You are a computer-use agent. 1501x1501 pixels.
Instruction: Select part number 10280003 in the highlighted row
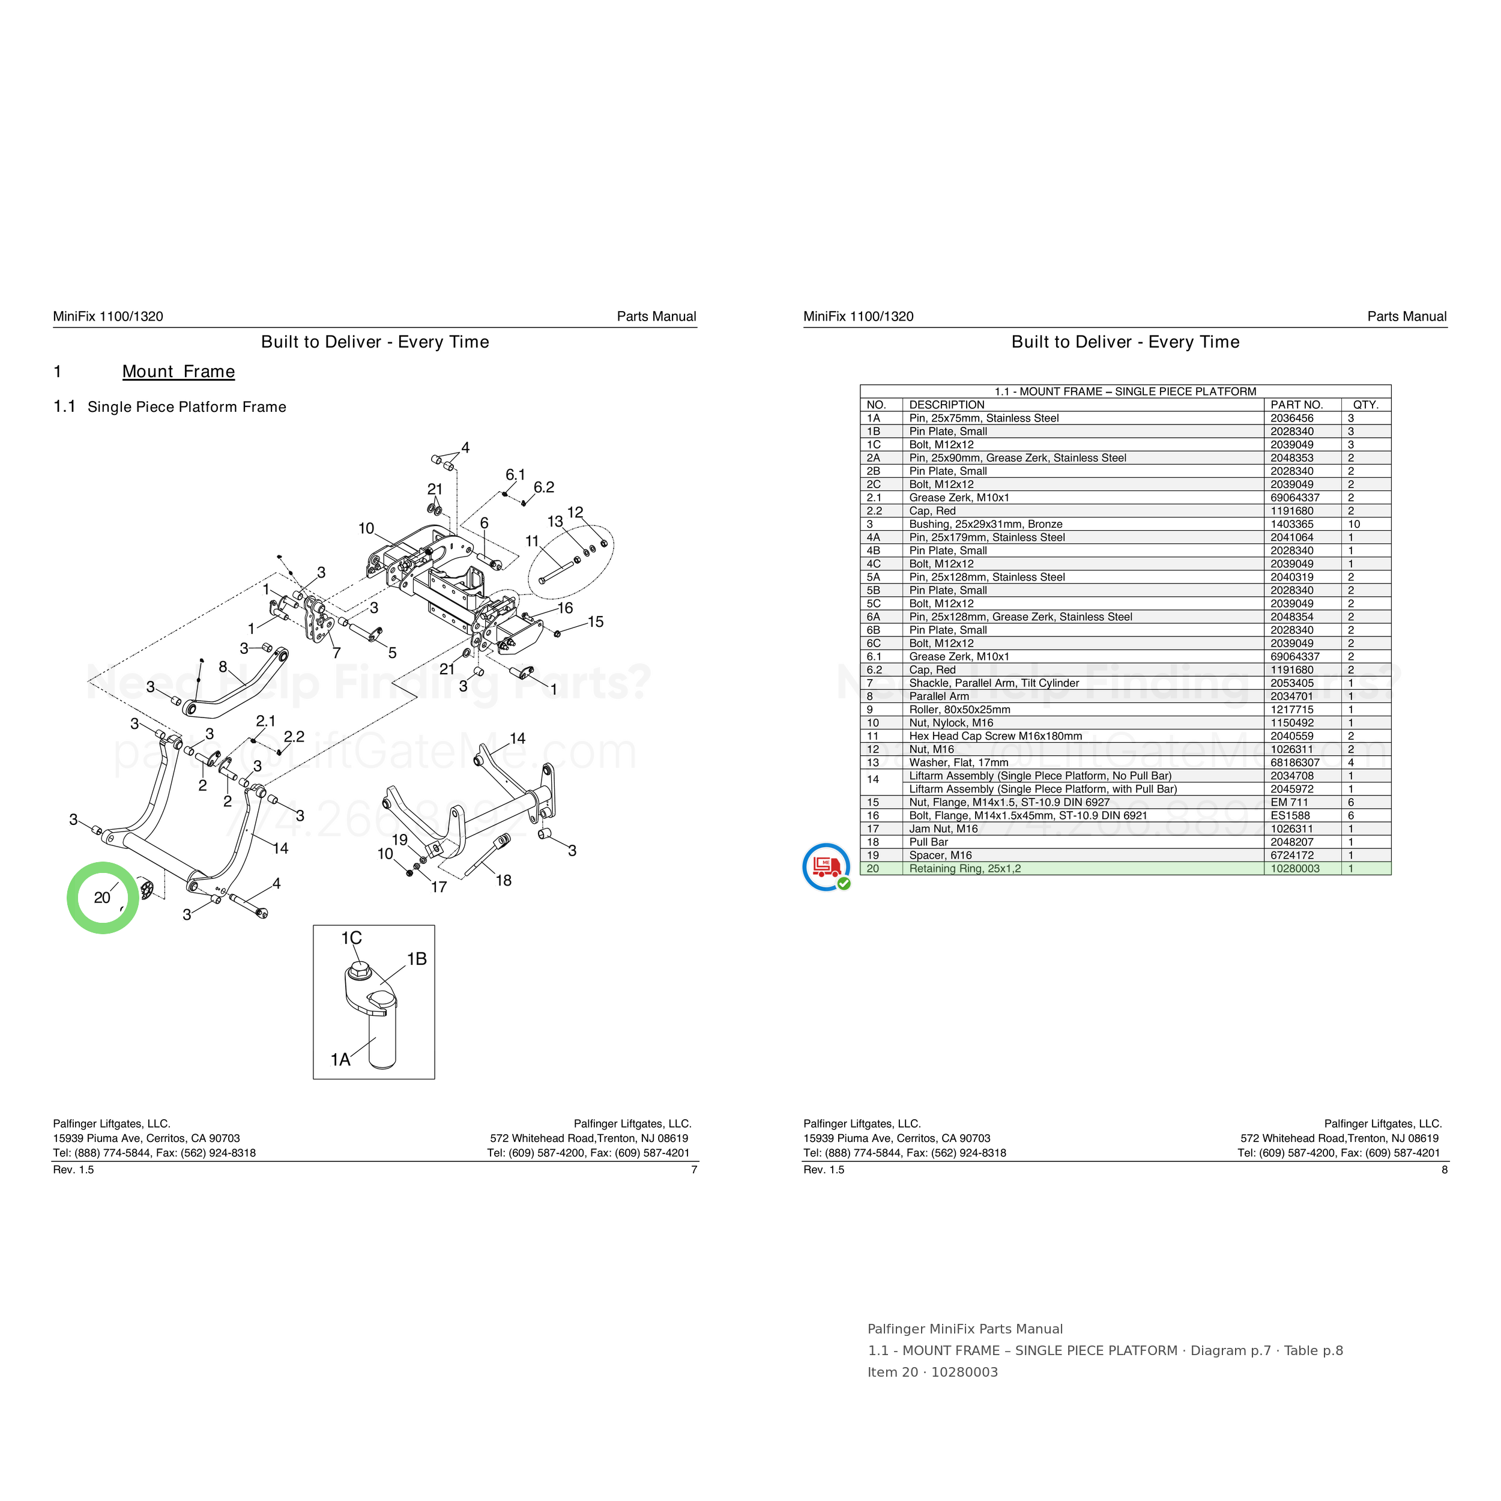pyautogui.click(x=1295, y=869)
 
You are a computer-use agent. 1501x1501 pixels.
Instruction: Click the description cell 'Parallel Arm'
pyautogui.click(x=939, y=696)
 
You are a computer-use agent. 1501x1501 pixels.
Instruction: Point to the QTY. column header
pyautogui.click(x=1366, y=405)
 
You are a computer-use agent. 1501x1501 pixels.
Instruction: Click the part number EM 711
pyautogui.click(x=1290, y=803)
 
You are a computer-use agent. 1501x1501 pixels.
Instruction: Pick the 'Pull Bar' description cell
pyautogui.click(x=928, y=842)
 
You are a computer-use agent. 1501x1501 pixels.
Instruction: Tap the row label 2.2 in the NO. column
pyautogui.click(x=874, y=511)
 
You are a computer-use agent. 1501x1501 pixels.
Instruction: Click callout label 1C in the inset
pyautogui.click(x=351, y=938)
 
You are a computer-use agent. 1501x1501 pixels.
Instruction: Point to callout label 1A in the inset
pyautogui.click(x=340, y=1060)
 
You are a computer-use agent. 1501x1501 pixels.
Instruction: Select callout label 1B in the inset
pyautogui.click(x=417, y=959)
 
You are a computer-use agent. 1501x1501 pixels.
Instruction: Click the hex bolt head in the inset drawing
pyautogui.click(x=358, y=970)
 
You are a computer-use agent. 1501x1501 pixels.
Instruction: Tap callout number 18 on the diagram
pyautogui.click(x=504, y=880)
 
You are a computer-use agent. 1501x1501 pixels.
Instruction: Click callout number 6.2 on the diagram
pyautogui.click(x=544, y=487)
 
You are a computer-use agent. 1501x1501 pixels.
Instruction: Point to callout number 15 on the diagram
pyautogui.click(x=595, y=621)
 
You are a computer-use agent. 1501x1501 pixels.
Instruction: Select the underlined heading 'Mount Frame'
pyautogui.click(x=179, y=372)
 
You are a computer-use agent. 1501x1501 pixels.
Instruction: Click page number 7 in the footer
pyautogui.click(x=694, y=1169)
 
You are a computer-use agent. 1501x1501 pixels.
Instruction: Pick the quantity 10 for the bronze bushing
pyautogui.click(x=1354, y=524)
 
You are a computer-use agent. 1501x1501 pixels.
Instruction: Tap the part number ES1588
pyautogui.click(x=1290, y=816)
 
